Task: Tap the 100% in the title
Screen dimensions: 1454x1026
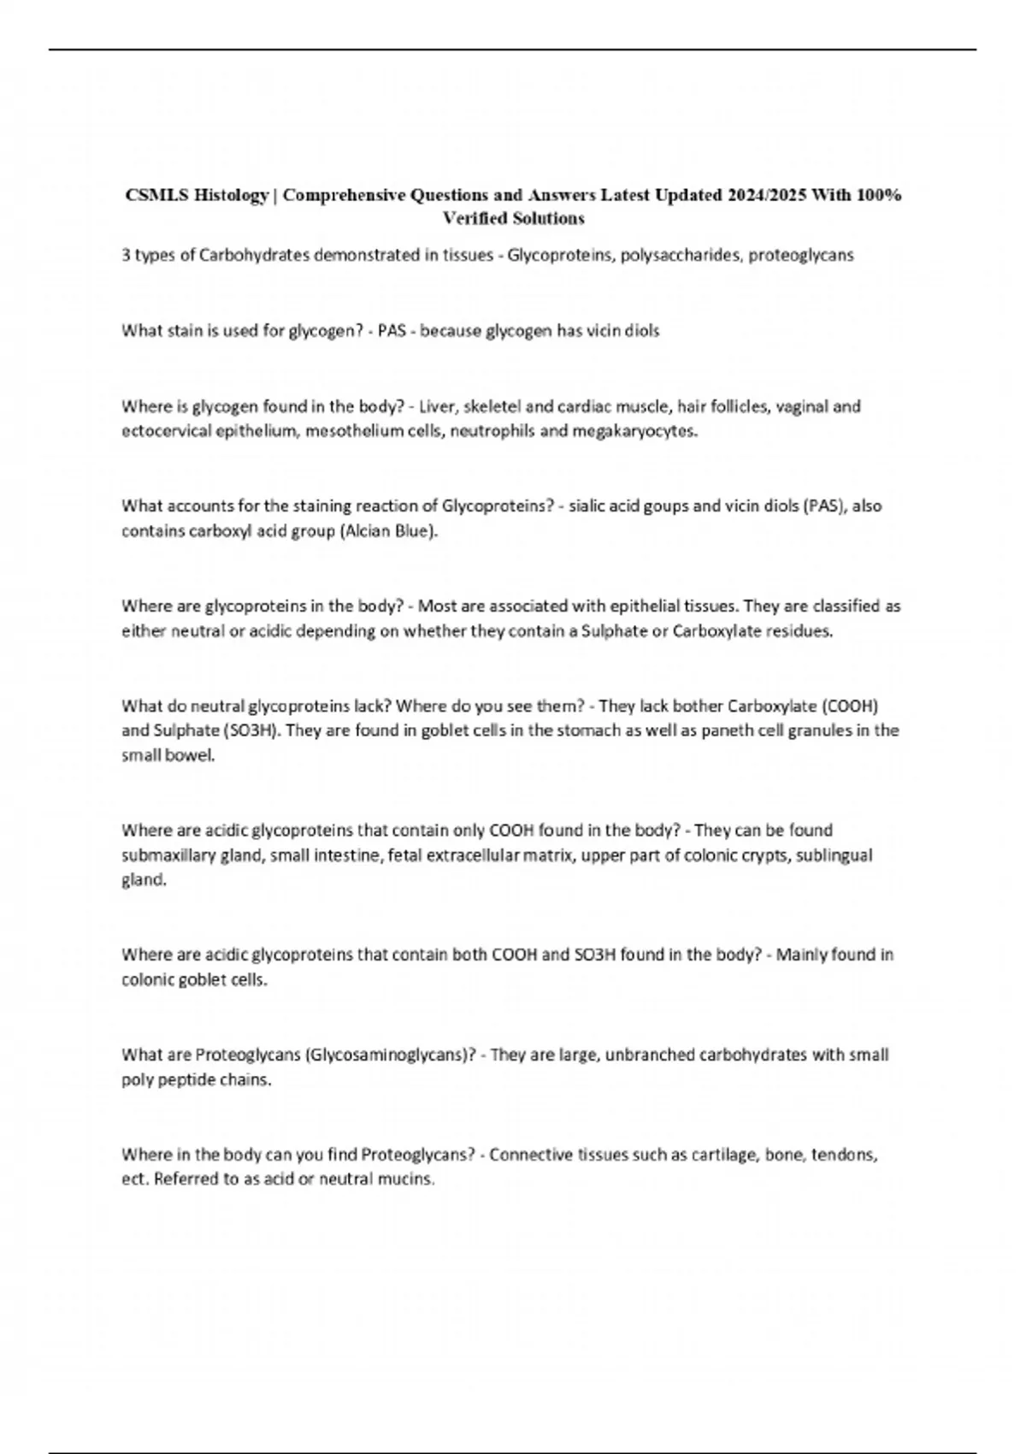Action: click(878, 195)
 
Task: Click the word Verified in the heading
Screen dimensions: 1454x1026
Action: click(473, 219)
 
